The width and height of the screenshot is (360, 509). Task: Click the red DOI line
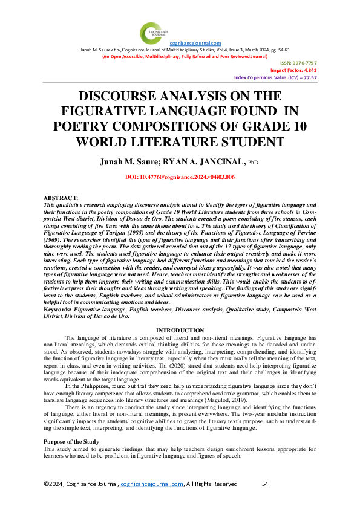(180, 177)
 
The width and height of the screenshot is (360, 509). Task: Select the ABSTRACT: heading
(61, 199)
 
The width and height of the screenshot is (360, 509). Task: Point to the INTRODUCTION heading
(180, 329)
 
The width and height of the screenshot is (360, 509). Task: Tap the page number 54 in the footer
(265, 484)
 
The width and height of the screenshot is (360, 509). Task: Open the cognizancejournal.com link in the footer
(152, 484)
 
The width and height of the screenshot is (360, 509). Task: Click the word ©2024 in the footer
(54, 484)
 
